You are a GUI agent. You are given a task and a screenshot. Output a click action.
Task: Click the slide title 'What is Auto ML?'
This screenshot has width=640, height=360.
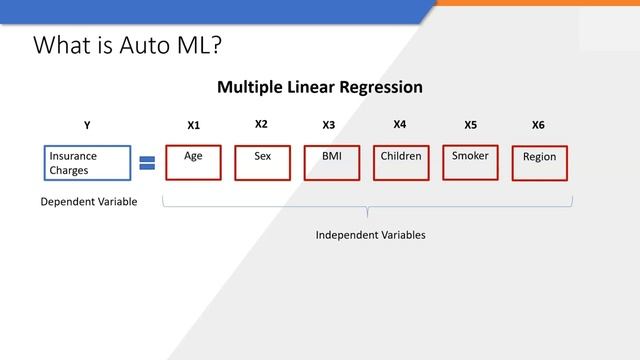127,45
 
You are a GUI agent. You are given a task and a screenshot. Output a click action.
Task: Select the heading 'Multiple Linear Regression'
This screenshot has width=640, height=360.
319,87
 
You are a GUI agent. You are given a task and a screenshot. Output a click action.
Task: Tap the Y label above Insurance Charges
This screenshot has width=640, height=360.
87,125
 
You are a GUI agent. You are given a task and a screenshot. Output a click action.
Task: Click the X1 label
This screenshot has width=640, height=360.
194,125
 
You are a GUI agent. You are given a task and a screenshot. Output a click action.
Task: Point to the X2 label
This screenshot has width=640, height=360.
261,124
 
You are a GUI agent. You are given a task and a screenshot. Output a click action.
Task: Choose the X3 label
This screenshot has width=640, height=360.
329,125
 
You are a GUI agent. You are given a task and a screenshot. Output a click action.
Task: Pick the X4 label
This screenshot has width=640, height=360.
400,124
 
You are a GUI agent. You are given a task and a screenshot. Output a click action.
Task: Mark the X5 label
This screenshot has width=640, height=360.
471,125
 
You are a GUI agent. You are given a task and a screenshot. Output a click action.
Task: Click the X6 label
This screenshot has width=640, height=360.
538,125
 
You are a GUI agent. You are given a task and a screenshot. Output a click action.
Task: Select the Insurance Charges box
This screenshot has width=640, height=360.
88,163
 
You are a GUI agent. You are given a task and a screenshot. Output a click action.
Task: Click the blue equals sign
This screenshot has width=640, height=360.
147,163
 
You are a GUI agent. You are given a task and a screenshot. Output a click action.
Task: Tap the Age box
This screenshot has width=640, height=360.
194,163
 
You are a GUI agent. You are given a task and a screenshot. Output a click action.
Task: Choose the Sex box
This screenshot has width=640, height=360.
262,163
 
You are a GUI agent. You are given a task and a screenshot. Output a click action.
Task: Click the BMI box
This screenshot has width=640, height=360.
331,163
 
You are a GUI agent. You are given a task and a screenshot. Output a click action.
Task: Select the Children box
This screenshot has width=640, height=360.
401,163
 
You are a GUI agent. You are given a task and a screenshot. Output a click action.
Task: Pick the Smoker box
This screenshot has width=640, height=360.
470,163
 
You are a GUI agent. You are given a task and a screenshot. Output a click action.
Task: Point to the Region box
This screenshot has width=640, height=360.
539,163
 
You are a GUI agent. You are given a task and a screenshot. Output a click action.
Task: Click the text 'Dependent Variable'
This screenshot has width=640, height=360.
88,201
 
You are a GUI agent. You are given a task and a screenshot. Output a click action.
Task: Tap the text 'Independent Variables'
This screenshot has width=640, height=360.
370,235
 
